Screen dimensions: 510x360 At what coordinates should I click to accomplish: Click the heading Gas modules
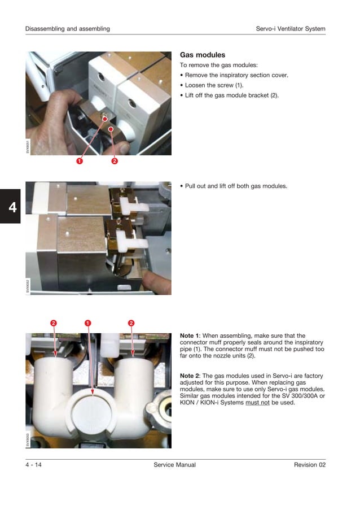[x=202, y=55]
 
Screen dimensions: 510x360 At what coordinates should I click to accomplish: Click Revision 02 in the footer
[x=309, y=465]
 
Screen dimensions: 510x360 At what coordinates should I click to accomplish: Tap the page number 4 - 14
[x=33, y=465]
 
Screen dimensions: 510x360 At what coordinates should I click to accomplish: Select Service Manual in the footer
[x=174, y=465]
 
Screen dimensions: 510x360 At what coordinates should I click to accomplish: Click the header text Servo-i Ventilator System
[x=290, y=29]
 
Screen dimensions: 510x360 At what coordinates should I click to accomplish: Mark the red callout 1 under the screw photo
[x=80, y=161]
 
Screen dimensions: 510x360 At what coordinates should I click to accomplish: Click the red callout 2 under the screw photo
[x=114, y=161]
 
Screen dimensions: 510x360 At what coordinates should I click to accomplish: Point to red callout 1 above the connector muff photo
[x=88, y=323]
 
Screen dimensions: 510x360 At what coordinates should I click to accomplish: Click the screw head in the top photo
[x=105, y=117]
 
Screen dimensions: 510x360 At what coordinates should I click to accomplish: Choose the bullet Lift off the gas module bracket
[x=231, y=95]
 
